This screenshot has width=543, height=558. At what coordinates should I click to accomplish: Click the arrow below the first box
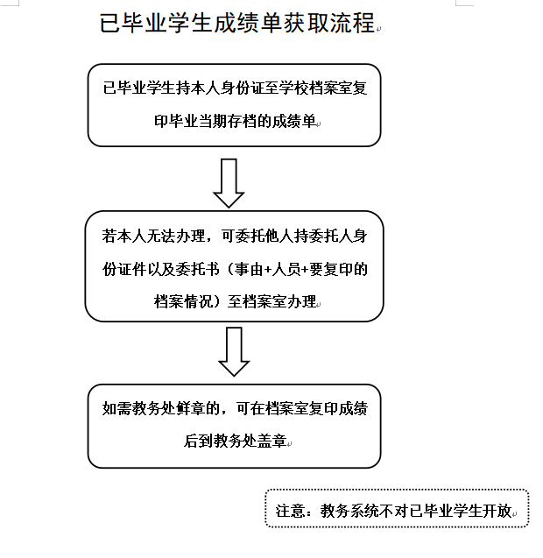(x=229, y=182)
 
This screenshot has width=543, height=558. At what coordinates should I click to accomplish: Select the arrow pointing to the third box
(x=234, y=350)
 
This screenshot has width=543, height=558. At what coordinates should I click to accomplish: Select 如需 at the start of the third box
(x=115, y=407)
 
